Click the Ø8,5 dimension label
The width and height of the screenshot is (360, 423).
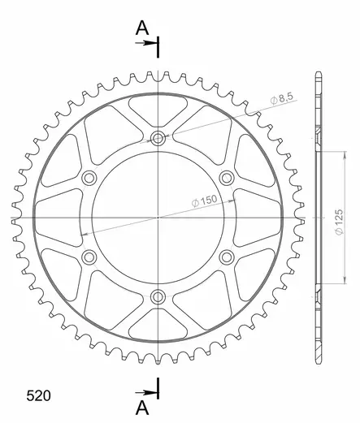282,98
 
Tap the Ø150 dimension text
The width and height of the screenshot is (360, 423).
204,201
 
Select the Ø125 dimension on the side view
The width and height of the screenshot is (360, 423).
339,222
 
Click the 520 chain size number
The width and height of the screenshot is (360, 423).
38,395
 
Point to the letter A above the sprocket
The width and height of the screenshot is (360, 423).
142,28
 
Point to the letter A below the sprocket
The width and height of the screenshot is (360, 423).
142,408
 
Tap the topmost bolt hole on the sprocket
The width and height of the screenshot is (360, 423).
158,139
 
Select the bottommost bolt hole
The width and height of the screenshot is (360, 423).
158,297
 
